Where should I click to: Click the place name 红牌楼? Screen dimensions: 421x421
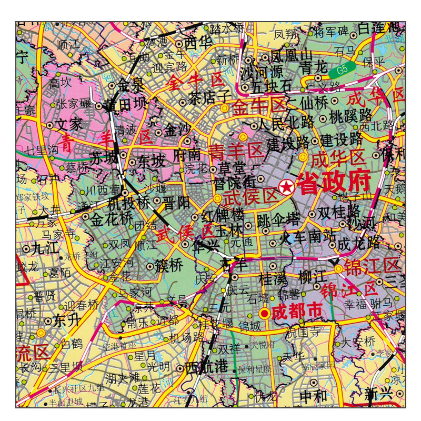coord(223,215)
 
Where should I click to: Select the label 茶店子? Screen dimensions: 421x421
coord(209,97)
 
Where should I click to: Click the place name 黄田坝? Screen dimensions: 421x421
coord(125,105)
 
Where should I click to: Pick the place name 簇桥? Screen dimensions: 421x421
coord(168,266)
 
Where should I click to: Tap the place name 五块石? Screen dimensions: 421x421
coord(271,85)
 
